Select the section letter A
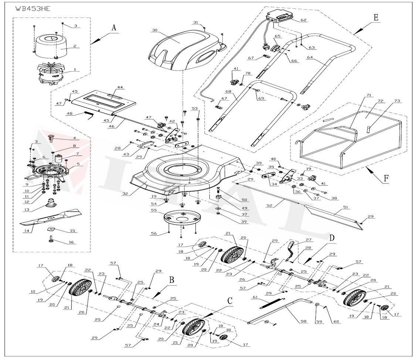[114, 27]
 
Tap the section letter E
[376, 17]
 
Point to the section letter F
[386, 178]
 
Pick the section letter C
[230, 301]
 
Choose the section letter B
[171, 280]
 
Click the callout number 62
[304, 20]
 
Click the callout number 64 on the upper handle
[310, 57]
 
